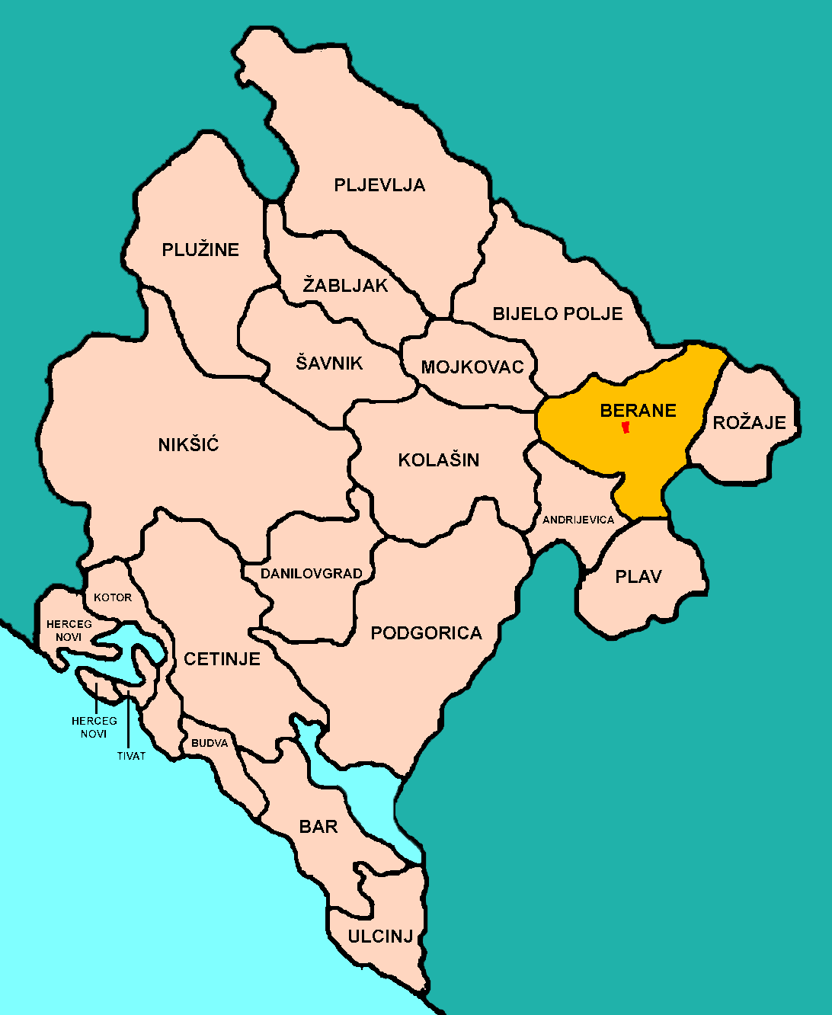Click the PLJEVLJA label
tap(379, 185)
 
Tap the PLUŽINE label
tap(200, 250)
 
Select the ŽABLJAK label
tap(345, 286)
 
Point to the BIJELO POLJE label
tap(558, 314)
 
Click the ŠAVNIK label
tap(330, 363)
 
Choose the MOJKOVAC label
tap(472, 367)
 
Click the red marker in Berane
tap(626, 427)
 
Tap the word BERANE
tap(638, 411)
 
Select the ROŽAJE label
tap(750, 422)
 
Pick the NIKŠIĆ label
tap(189, 445)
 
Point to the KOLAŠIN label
tap(439, 460)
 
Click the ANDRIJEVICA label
tap(578, 520)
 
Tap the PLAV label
tap(638, 577)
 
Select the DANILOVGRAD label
tap(312, 574)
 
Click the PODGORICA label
tap(427, 633)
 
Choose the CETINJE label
tap(222, 659)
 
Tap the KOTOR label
tap(113, 597)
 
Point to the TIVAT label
tap(131, 756)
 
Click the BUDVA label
tap(210, 743)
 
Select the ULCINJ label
tap(380, 937)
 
